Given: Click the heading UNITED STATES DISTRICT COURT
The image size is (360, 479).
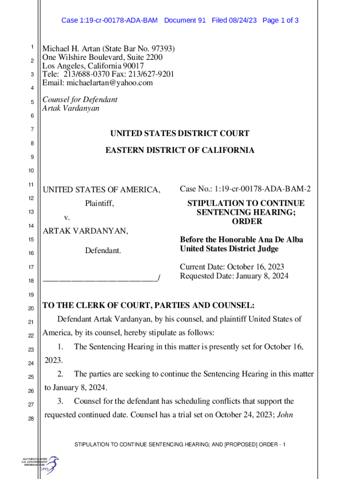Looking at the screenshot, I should (180, 134).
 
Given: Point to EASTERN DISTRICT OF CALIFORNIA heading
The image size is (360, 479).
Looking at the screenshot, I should (180, 151).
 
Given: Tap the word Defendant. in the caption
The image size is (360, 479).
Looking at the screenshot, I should (103, 251).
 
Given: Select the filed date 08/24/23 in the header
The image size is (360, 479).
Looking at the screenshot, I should (243, 21).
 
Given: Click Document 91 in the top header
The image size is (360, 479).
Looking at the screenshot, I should (185, 21).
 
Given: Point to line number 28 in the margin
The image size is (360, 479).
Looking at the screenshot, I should (30, 419).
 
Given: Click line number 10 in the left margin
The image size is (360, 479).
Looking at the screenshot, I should (30, 170).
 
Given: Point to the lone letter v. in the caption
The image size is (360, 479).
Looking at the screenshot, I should (67, 218).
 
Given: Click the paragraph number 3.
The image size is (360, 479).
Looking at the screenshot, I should (60, 401).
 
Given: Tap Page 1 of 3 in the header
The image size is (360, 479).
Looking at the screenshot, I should (281, 21).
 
